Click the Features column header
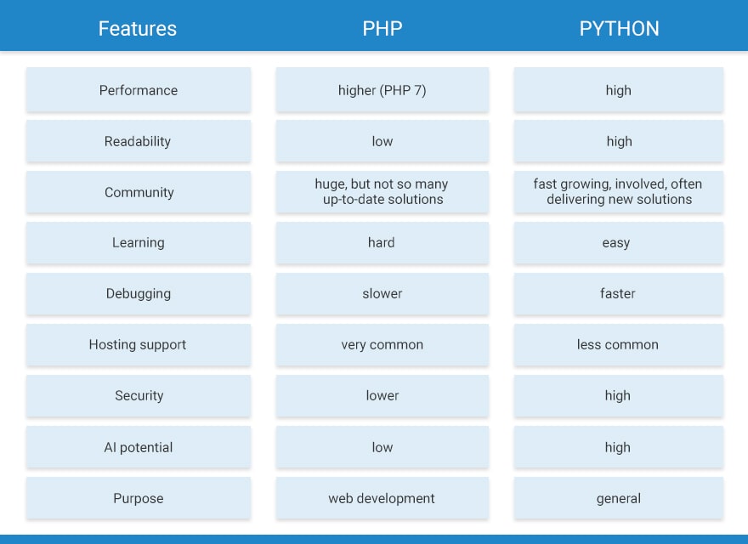pos(138,28)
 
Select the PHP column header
pos(382,28)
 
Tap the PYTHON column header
pos(619,28)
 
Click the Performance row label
pos(139,90)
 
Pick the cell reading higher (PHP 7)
pos(382,90)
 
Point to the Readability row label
pos(139,141)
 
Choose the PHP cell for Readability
pos(382,141)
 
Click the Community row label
pos(139,192)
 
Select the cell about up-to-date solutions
pos(382,192)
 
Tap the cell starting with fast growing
pos(619,192)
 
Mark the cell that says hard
pos(382,243)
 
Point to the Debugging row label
pos(139,294)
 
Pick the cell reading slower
pos(382,294)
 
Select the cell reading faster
pos(619,294)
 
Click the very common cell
pos(382,345)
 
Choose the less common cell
pos(619,345)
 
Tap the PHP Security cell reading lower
pos(382,396)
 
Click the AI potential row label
pos(139,447)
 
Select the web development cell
pos(382,498)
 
